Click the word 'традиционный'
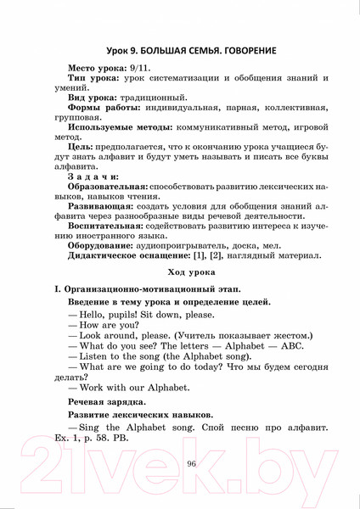162,111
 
